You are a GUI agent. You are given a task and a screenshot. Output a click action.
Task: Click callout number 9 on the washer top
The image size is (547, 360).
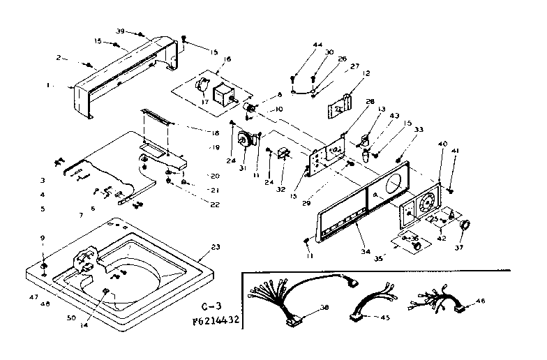pos(43,238)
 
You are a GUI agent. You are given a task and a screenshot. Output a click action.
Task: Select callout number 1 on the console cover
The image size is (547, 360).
pos(48,85)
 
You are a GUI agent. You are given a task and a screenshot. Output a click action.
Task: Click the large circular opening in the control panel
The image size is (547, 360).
pos(391,187)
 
